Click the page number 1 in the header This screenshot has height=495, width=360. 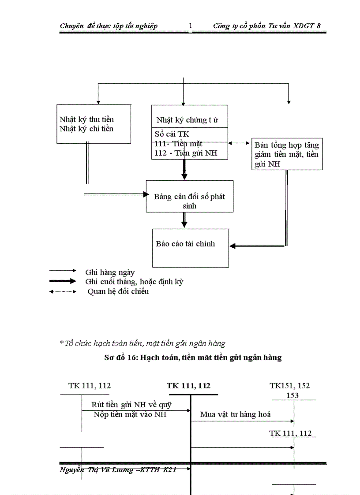(191, 26)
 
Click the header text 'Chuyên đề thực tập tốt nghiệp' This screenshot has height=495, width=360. (109, 26)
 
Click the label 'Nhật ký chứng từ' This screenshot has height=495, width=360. (187, 120)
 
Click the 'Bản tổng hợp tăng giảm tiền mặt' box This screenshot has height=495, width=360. (287, 154)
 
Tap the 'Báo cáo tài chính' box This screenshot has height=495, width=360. (190, 247)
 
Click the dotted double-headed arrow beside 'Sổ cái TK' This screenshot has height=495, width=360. (240, 143)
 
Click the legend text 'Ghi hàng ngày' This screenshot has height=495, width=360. (110, 272)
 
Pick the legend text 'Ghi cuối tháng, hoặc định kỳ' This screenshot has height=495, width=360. (134, 282)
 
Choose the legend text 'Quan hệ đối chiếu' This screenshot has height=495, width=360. (118, 291)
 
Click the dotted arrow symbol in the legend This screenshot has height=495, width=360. (63, 291)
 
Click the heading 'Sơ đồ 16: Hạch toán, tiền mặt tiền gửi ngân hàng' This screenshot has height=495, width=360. (193, 358)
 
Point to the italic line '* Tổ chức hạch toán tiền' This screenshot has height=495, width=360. (142, 343)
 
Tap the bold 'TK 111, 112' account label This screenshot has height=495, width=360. (188, 386)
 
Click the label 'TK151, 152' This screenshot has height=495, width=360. (289, 386)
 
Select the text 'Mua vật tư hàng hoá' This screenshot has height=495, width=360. (235, 414)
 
